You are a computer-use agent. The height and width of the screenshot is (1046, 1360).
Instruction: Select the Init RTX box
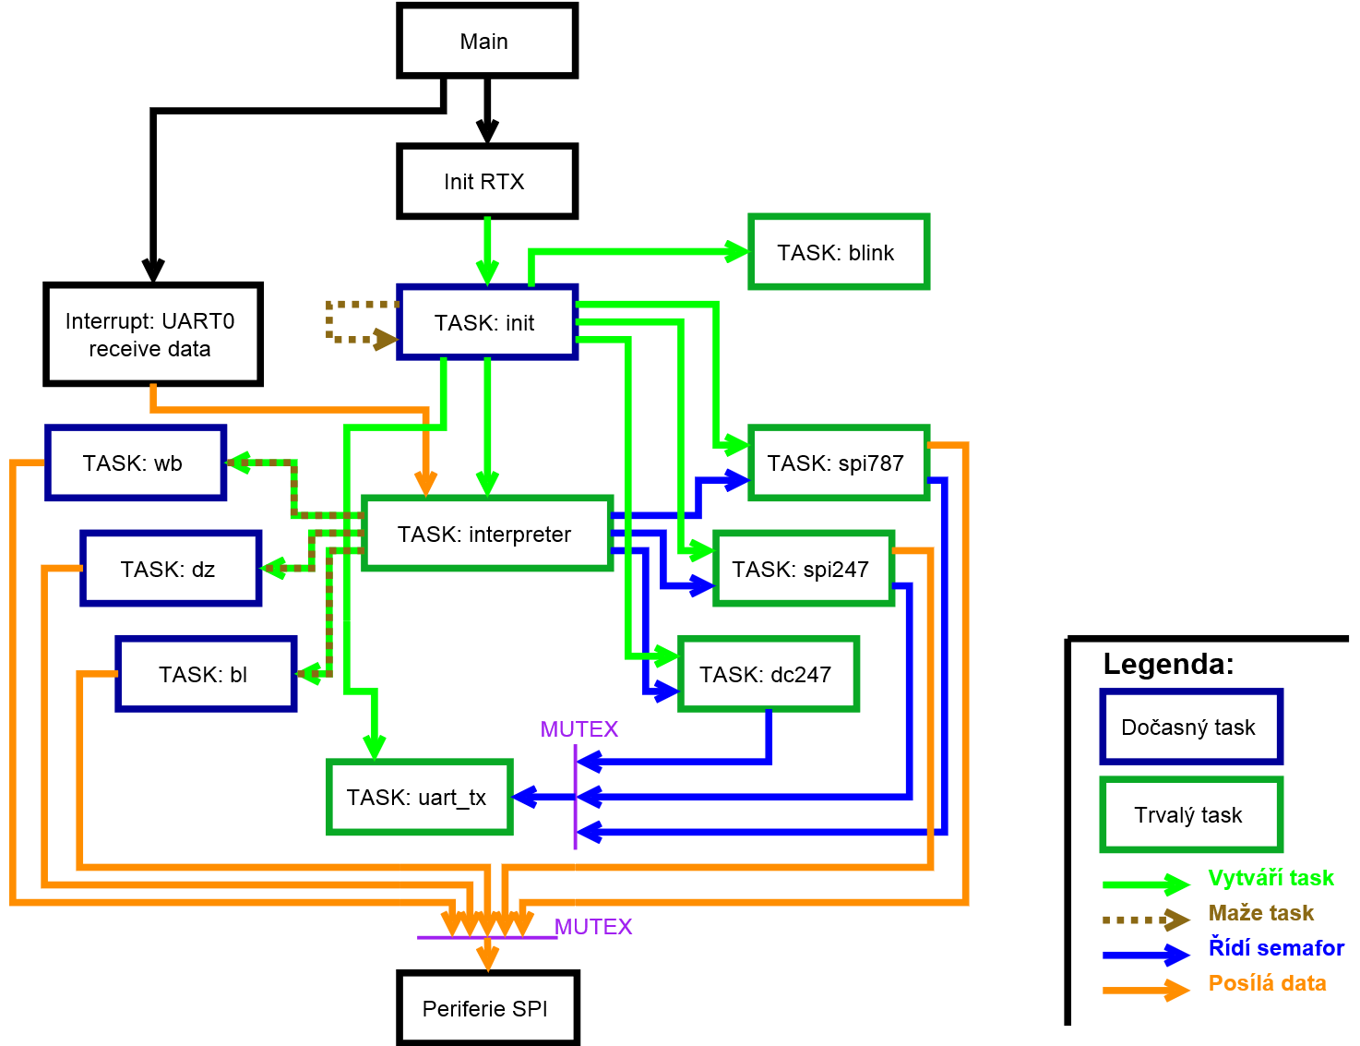click(486, 181)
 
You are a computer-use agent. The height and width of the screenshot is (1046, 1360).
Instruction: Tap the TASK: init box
click(486, 322)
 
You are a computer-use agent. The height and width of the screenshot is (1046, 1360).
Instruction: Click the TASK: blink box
click(838, 252)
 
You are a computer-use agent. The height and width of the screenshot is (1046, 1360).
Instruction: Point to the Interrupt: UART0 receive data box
click(152, 334)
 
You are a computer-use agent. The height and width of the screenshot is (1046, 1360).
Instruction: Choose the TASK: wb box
click(136, 463)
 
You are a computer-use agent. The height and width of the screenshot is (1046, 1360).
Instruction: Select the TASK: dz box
click(171, 569)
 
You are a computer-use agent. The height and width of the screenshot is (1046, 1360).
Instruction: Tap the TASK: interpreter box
click(486, 534)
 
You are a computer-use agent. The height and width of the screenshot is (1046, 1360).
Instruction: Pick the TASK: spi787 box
click(838, 463)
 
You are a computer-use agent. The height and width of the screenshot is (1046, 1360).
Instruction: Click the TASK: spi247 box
click(803, 569)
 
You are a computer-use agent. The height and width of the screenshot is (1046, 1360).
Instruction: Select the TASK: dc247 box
click(768, 674)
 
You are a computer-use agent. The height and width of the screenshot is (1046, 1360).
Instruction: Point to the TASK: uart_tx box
click(419, 797)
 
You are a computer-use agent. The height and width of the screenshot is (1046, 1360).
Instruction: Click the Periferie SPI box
click(487, 1008)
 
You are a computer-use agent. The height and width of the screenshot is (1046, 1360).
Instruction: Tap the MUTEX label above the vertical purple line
click(579, 729)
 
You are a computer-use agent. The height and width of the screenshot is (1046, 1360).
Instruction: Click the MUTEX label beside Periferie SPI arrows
click(593, 927)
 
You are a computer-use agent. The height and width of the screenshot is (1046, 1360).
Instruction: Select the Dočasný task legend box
click(1190, 727)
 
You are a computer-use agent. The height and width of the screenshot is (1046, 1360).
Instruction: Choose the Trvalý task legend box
click(1190, 814)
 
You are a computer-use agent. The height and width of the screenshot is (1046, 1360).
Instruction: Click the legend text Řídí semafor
click(1276, 948)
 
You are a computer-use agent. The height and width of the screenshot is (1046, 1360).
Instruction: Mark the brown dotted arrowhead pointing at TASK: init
click(385, 340)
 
